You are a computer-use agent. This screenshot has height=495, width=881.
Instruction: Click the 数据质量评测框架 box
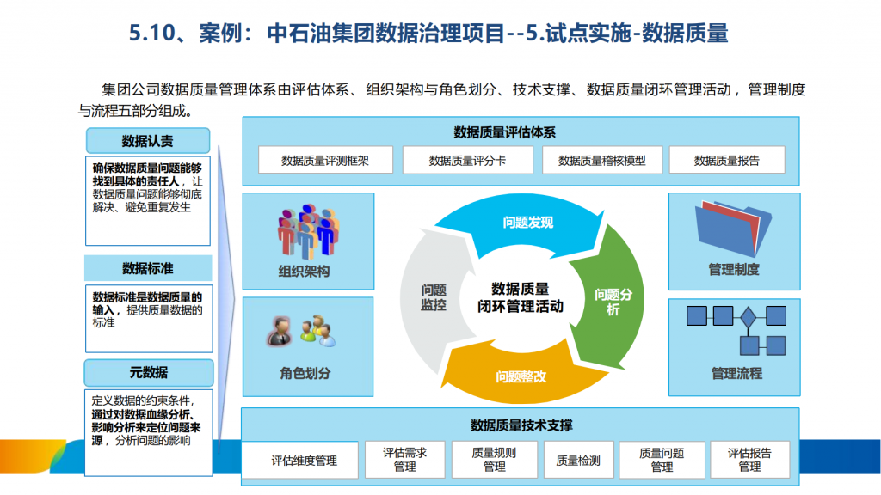(x=325, y=161)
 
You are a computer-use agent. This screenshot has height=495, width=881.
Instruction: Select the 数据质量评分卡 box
(x=467, y=161)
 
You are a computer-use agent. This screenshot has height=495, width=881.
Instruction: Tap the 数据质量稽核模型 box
(x=601, y=161)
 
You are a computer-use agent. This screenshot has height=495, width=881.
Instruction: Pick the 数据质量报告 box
(x=727, y=161)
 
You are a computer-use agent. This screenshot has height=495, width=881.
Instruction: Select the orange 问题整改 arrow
(x=520, y=375)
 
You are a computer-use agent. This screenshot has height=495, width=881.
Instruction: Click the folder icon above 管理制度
(x=733, y=229)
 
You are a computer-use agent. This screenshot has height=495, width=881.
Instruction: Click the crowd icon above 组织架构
(x=309, y=231)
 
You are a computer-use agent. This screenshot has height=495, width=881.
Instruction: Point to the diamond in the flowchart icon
(x=748, y=317)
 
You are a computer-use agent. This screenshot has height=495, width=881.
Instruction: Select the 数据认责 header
(x=148, y=141)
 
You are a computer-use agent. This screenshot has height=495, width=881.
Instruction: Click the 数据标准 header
(x=148, y=268)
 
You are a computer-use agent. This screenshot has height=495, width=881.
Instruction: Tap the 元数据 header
(x=149, y=372)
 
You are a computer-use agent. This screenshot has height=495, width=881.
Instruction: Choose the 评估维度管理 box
(x=304, y=461)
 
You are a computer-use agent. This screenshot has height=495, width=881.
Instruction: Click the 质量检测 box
(x=578, y=461)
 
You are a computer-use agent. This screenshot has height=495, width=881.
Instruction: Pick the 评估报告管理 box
(x=749, y=461)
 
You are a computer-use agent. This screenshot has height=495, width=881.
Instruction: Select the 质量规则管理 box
(x=495, y=461)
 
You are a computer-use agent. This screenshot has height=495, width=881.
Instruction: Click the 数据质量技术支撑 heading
(x=521, y=425)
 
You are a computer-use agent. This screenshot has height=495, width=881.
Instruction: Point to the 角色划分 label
(x=305, y=373)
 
